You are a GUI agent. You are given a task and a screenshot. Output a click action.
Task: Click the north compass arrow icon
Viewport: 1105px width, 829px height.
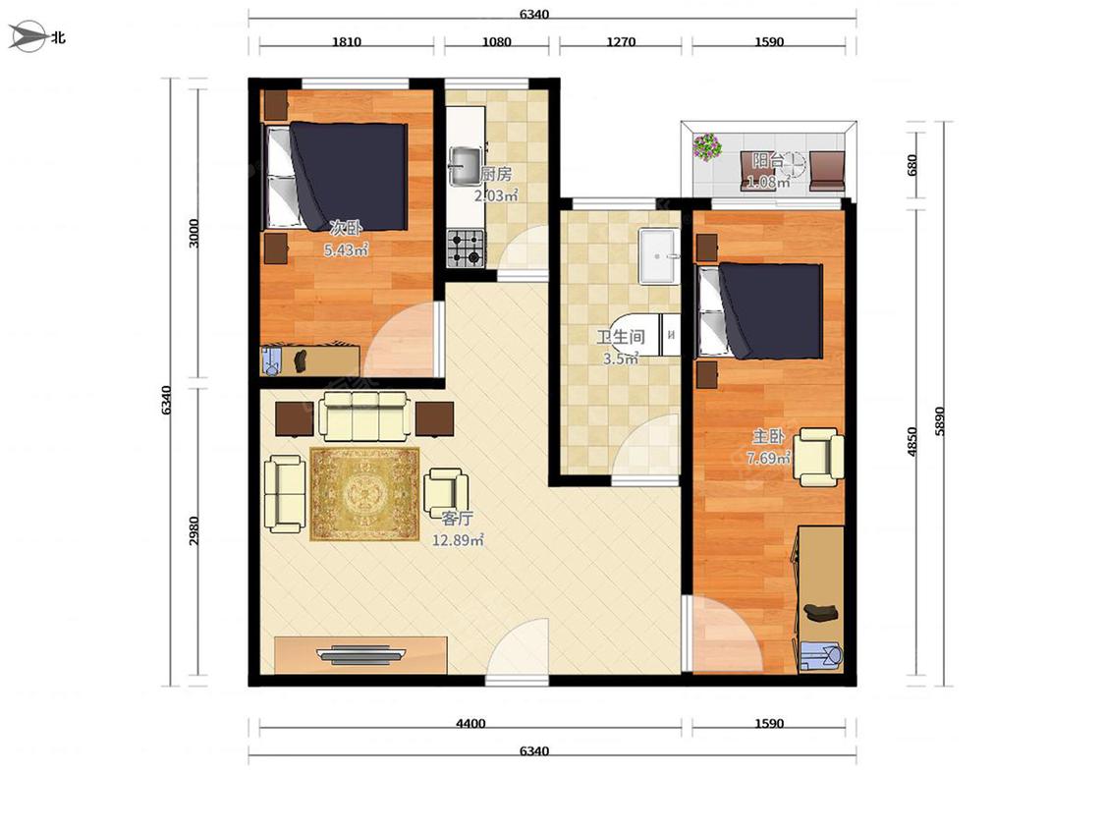click(27, 36)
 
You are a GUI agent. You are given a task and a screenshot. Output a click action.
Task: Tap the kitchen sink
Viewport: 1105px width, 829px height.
click(466, 166)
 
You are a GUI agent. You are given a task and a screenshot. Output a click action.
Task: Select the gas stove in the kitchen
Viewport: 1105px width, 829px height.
click(466, 249)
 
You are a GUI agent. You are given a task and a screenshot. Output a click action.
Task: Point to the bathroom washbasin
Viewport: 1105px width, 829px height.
click(658, 255)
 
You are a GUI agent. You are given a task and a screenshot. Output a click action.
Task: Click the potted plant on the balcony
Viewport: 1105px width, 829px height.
click(707, 147)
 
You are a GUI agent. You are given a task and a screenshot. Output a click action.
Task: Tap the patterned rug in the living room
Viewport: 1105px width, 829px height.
click(364, 494)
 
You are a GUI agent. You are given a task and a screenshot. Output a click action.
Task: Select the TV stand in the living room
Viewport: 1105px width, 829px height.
click(360, 655)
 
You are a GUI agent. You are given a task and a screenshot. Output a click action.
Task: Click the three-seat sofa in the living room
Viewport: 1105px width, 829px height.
click(365, 415)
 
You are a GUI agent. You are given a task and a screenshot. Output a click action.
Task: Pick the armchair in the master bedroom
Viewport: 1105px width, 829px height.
click(819, 457)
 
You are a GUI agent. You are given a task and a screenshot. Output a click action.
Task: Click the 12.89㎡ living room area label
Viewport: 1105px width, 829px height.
click(458, 540)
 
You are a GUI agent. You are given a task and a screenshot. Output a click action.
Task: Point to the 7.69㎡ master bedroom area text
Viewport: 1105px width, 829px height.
click(768, 458)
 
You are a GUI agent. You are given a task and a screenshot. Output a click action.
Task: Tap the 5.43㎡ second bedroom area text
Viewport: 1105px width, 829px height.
click(346, 249)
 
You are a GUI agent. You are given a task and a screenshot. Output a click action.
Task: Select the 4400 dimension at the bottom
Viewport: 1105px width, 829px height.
click(470, 723)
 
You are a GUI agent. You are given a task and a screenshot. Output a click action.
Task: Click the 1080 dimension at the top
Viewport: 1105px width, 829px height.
click(496, 41)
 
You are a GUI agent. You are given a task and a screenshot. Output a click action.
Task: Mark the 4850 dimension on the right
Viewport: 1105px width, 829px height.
click(912, 441)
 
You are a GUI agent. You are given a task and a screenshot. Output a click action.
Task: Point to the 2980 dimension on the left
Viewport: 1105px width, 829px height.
click(193, 530)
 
